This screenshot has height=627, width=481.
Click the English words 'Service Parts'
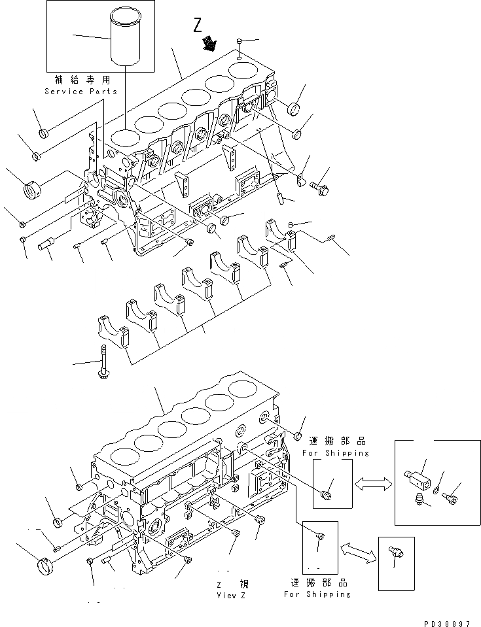(x=82, y=92)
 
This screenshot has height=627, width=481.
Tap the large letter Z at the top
(x=198, y=26)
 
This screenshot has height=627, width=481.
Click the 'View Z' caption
(x=231, y=596)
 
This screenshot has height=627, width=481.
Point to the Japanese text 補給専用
(x=82, y=80)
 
